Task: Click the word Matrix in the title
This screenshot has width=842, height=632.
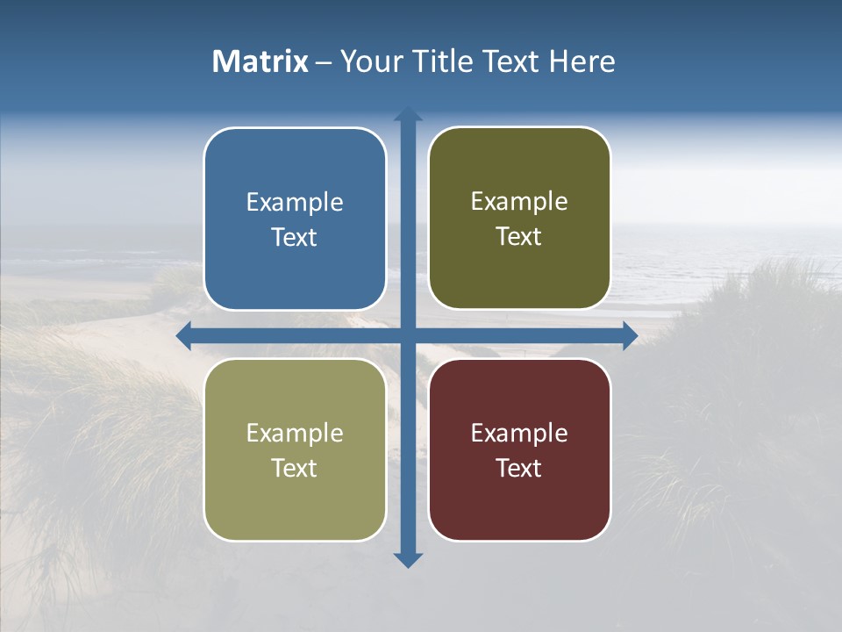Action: (260, 61)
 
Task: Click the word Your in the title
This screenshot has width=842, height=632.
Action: (371, 61)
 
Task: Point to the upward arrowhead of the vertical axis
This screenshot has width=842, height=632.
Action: (408, 114)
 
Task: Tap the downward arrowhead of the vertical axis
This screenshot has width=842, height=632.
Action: (408, 559)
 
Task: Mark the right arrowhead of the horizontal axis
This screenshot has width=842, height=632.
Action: (630, 335)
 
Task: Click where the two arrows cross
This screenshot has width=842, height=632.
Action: (408, 335)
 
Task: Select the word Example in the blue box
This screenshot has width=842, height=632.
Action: (295, 203)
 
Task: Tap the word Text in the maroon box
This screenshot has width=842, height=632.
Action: (519, 469)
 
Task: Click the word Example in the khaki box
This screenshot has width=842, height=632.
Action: (295, 434)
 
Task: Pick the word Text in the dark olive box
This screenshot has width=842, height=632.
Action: (519, 237)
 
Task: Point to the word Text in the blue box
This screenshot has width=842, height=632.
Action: (295, 238)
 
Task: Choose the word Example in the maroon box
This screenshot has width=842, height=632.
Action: (519, 434)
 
